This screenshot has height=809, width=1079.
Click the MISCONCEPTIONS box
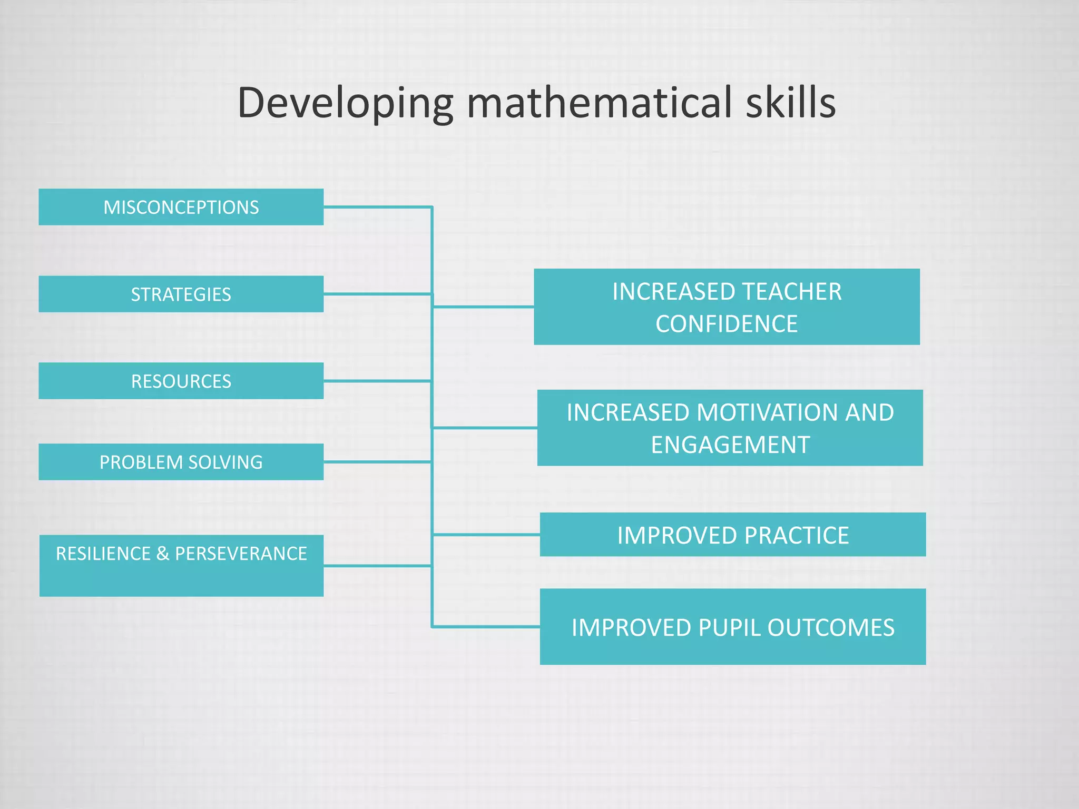pyautogui.click(x=181, y=207)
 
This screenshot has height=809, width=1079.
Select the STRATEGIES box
pyautogui.click(x=181, y=294)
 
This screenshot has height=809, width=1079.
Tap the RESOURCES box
pyautogui.click(x=181, y=381)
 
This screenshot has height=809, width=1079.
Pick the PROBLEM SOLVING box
pyautogui.click(x=181, y=462)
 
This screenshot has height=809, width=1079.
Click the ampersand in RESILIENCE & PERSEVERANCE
pyautogui.click(x=163, y=554)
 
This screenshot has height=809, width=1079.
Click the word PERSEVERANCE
pyautogui.click(x=241, y=554)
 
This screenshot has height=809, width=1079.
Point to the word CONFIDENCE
pyautogui.click(x=727, y=323)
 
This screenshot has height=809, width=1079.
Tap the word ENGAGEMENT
pyautogui.click(x=730, y=445)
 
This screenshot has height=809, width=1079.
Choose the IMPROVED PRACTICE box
pyautogui.click(x=732, y=535)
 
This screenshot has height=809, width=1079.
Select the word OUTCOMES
pyautogui.click(x=831, y=628)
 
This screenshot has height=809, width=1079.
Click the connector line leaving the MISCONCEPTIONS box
pyautogui.click(x=377, y=207)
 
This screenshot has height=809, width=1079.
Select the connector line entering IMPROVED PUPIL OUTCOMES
pyautogui.click(x=485, y=627)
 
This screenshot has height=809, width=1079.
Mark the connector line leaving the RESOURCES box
pyautogui.click(x=377, y=381)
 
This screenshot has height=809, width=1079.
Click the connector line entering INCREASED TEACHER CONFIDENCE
pyautogui.click(x=482, y=307)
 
